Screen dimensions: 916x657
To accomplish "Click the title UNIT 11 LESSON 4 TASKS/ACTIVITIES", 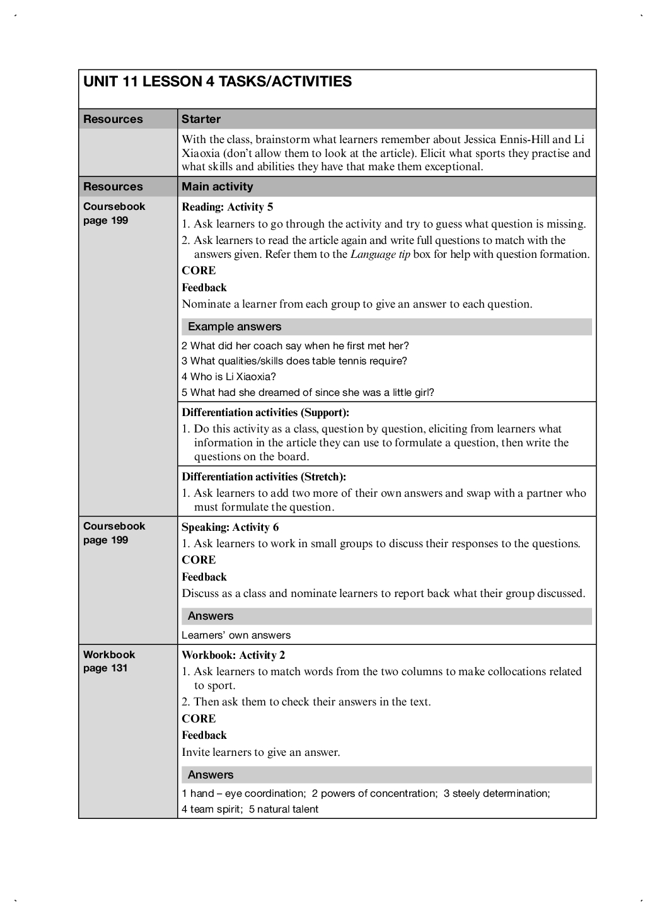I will pos(218,82).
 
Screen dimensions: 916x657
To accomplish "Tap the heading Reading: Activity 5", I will pos(228,207).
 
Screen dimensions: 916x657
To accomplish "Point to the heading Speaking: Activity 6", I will pos(230,527).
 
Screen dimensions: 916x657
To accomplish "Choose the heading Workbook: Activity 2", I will pos(233,655).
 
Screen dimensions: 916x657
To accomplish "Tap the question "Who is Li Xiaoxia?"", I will pos(229,376).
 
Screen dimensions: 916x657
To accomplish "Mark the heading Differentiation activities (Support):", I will pos(265,412).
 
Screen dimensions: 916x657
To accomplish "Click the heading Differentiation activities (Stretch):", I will pos(264,477).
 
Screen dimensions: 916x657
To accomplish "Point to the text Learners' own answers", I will pos(236,635).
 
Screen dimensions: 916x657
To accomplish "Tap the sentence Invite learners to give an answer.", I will pos(261,752).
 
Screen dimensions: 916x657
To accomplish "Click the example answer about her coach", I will pos(295,345).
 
